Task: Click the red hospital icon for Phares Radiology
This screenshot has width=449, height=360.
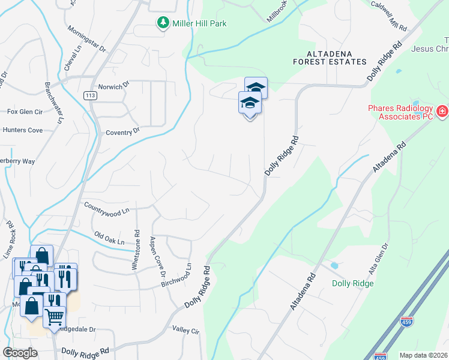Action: [442, 111]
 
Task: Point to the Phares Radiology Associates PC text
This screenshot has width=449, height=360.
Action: [400, 112]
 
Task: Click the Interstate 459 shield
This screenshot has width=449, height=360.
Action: [407, 322]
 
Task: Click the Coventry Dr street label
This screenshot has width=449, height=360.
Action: [122, 131]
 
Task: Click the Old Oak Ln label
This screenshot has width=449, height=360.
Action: [109, 238]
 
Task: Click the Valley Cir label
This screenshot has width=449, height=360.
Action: [185, 330]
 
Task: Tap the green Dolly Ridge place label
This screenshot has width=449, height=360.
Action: [354, 283]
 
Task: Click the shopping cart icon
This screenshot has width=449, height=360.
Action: [55, 316]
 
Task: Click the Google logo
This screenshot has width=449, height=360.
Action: [20, 353]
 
